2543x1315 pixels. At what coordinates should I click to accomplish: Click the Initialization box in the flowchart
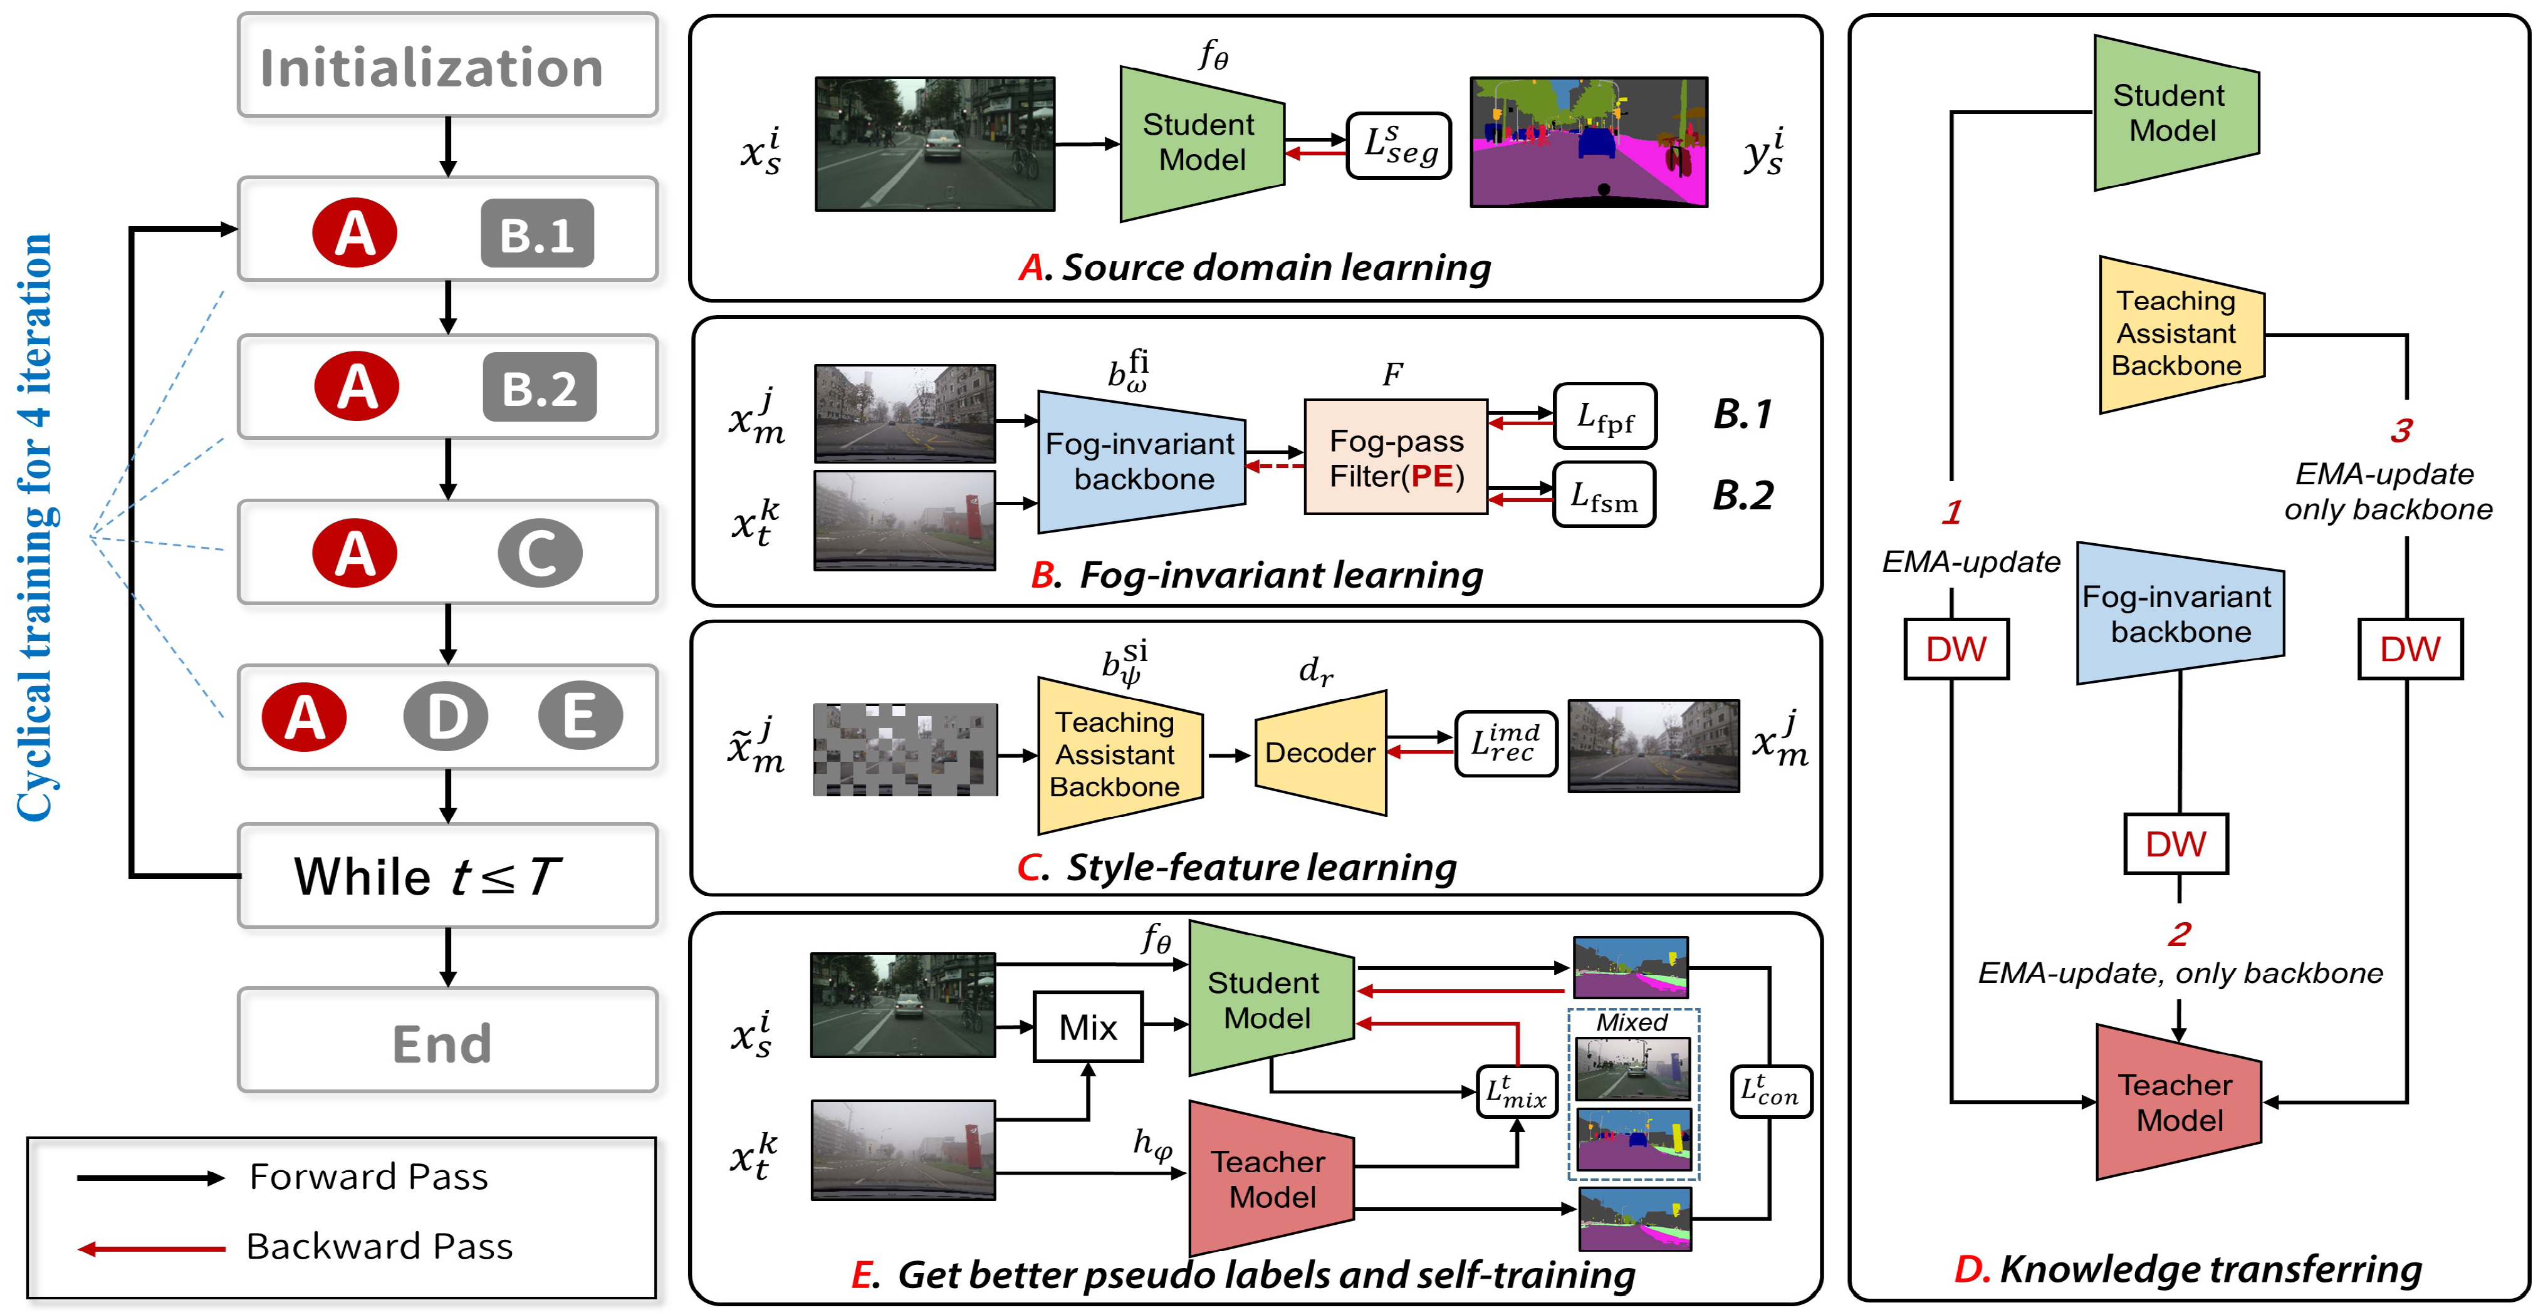pyautogui.click(x=447, y=66)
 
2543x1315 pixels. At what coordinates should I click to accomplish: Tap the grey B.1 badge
pyautogui.click(x=537, y=234)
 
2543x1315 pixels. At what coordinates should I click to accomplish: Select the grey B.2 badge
pyautogui.click(x=539, y=387)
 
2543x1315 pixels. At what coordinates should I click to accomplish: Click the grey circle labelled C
pyautogui.click(x=539, y=553)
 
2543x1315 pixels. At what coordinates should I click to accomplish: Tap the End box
pyautogui.click(x=447, y=1041)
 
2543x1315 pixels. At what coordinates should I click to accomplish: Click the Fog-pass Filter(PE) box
pyautogui.click(x=1395, y=457)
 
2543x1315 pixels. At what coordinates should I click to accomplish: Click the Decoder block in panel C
pyautogui.click(x=1320, y=752)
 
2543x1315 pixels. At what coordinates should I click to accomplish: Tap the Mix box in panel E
pyautogui.click(x=1088, y=1027)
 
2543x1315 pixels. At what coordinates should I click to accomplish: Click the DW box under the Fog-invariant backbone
pyautogui.click(x=2176, y=844)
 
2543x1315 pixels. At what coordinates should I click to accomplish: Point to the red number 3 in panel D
pyautogui.click(x=2401, y=430)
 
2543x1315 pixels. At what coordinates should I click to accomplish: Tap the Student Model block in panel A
pyautogui.click(x=1201, y=143)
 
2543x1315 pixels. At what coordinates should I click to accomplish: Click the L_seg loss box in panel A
pyautogui.click(x=1399, y=146)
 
